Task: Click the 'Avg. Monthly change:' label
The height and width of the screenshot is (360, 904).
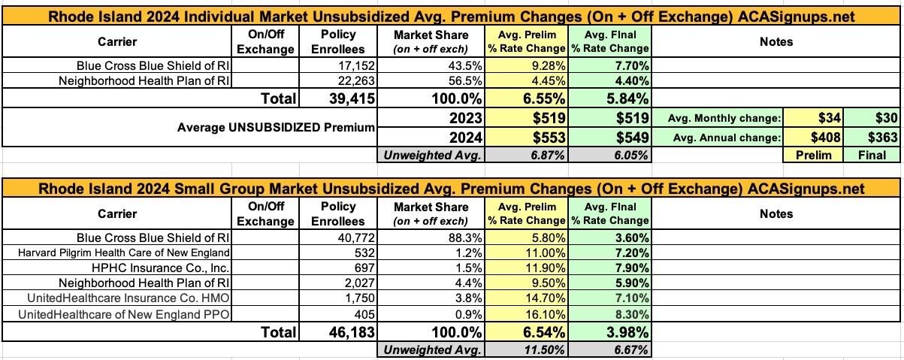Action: (x=724, y=118)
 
